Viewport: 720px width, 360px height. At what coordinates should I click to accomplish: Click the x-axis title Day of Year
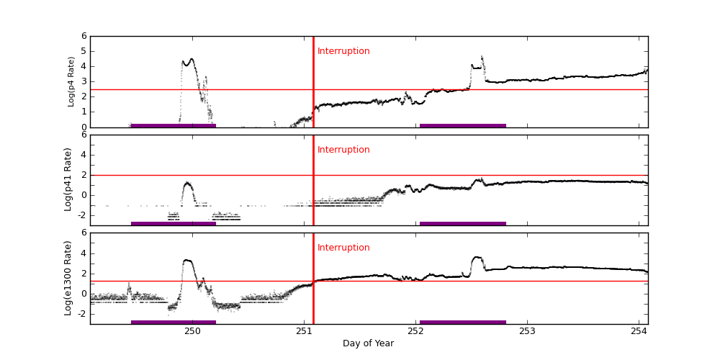coord(368,343)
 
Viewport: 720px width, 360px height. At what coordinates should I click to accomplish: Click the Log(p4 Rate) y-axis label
coord(71,81)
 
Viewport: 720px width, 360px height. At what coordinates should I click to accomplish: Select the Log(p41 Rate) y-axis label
coord(68,179)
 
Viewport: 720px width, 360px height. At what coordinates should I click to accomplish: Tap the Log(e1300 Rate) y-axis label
coord(68,278)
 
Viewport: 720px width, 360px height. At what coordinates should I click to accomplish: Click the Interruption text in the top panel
coord(343,51)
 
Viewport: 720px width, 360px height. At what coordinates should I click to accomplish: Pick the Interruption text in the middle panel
coord(343,150)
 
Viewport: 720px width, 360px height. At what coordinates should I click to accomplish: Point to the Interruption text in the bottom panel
coord(343,248)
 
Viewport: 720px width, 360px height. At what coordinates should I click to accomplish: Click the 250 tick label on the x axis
coord(192,331)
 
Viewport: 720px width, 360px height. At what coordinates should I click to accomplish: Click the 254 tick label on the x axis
coord(639,331)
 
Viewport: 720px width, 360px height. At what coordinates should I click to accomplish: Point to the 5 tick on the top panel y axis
coord(84,51)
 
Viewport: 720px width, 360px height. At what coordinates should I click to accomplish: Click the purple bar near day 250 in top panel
coord(174,125)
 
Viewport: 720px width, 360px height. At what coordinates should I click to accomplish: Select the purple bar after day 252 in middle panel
coord(463,223)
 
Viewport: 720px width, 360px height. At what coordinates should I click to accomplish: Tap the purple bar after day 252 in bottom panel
coord(463,322)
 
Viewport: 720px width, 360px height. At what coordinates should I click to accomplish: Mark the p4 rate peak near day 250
coord(191,59)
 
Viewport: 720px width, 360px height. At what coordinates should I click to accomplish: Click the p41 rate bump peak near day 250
coord(187,183)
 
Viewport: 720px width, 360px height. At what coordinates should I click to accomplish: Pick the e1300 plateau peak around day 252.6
coord(477,257)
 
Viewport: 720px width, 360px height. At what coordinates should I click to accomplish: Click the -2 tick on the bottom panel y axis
coord(81,314)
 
